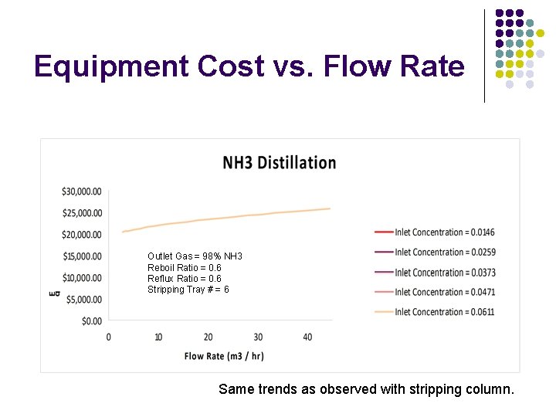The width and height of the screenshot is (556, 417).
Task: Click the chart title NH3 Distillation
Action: tap(279, 163)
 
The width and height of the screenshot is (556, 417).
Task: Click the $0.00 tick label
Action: tap(91, 320)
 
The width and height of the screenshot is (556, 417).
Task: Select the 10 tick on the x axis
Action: tap(158, 337)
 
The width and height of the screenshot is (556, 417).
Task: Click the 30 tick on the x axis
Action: tap(258, 337)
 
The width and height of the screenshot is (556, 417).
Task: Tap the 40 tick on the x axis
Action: tap(307, 337)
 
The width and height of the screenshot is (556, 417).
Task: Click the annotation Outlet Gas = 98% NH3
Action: tap(195, 256)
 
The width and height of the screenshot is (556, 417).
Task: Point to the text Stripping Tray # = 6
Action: tap(188, 290)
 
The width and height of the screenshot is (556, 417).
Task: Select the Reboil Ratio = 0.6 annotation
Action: tap(184, 268)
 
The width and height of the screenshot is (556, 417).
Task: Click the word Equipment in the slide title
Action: tap(110, 68)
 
